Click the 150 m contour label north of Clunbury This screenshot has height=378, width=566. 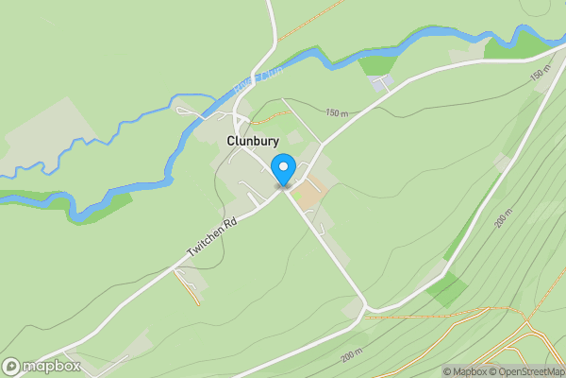(338, 112)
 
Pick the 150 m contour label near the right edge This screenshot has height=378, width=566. (539, 74)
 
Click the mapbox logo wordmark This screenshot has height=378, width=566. (51, 366)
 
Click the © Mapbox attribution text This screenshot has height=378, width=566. (464, 371)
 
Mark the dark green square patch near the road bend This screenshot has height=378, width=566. (443, 289)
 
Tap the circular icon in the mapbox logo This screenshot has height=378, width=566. (11, 366)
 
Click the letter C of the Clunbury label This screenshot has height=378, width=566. (231, 141)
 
